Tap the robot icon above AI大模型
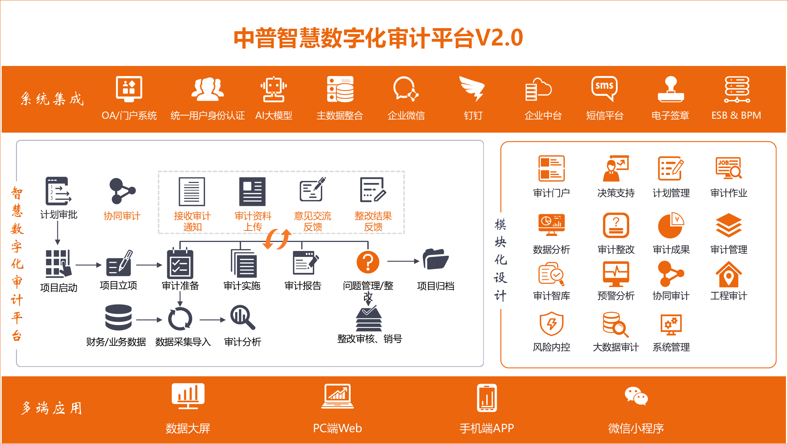coord(274,89)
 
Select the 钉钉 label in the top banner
coord(473,115)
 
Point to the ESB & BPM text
coord(736,115)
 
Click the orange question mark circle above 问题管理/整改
coord(368,262)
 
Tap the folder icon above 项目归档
coord(436,259)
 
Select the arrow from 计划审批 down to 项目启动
coord(58,233)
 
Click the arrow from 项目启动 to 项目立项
coord(88,265)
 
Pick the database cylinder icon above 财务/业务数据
coord(118,317)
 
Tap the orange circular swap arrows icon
coord(277,239)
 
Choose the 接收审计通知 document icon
coord(192,192)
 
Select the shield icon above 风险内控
coord(551,324)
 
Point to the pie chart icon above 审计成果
coord(671,226)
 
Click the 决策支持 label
coord(616,193)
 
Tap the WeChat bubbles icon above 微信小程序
coord(636,396)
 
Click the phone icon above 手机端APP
coord(487,398)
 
